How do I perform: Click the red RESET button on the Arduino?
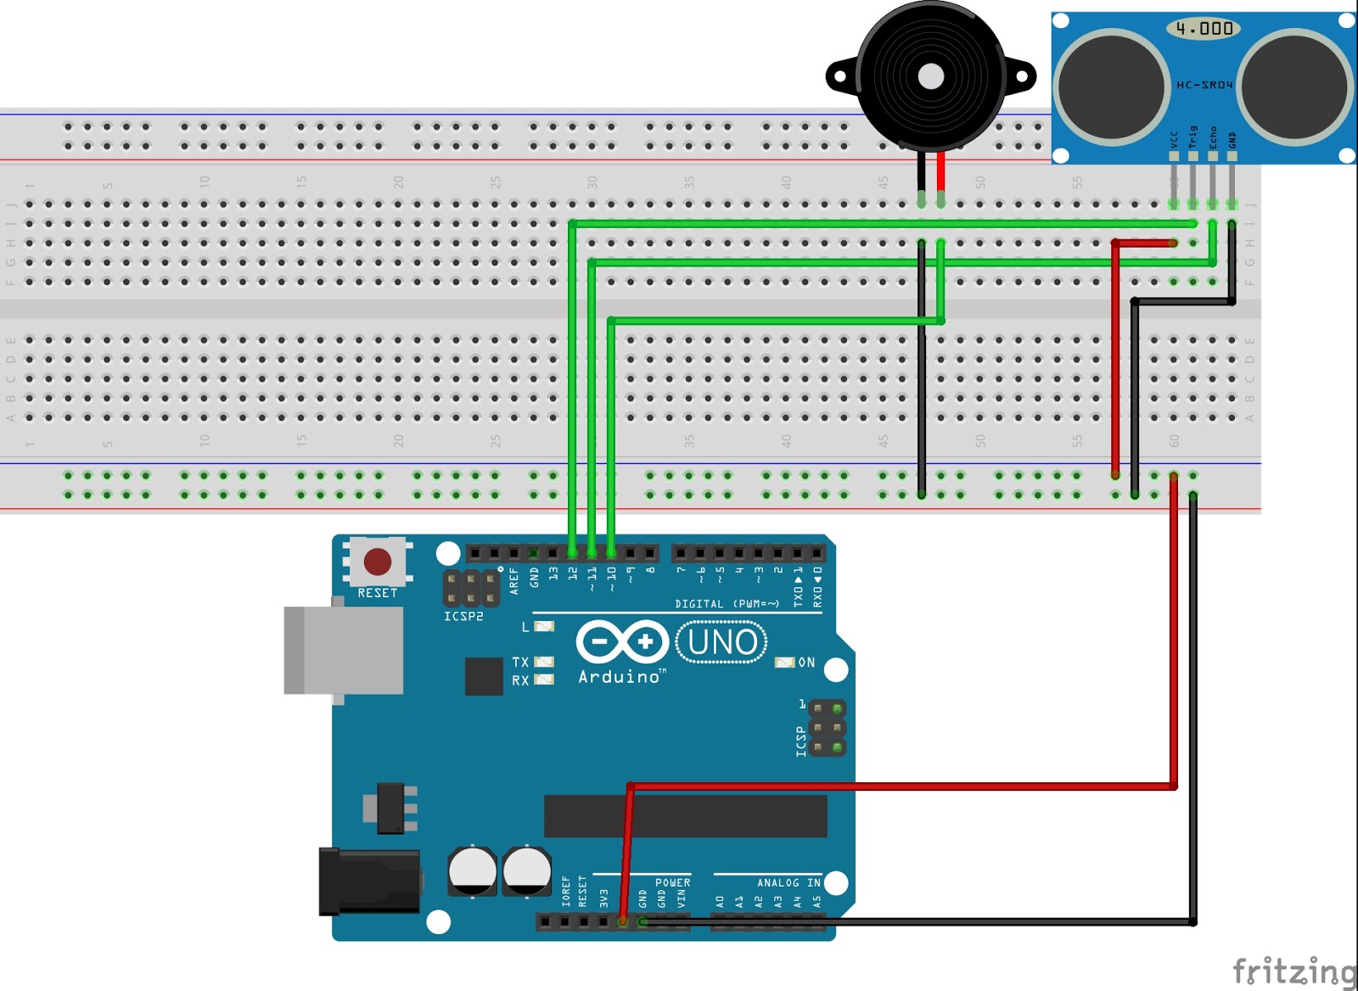[x=378, y=561]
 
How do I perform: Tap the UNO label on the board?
[x=722, y=642]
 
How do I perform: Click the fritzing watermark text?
[x=1294, y=970]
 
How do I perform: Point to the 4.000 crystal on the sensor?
[x=1204, y=29]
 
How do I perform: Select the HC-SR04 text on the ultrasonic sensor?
[x=1204, y=85]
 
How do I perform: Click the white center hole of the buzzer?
[x=931, y=77]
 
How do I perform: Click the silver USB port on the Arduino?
[x=344, y=651]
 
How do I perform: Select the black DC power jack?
[x=369, y=882]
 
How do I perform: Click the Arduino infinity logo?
[x=621, y=642]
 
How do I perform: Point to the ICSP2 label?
[x=463, y=616]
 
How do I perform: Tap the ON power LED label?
[x=806, y=663]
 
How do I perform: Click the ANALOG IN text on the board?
[x=788, y=883]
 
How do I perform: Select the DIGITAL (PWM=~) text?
[x=727, y=604]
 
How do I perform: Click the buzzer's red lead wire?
[x=941, y=174]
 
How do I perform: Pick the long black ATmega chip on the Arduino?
[x=685, y=815]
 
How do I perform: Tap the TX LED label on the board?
[x=520, y=663]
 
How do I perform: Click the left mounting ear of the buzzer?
[x=840, y=76]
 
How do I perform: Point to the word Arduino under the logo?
[x=620, y=677]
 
